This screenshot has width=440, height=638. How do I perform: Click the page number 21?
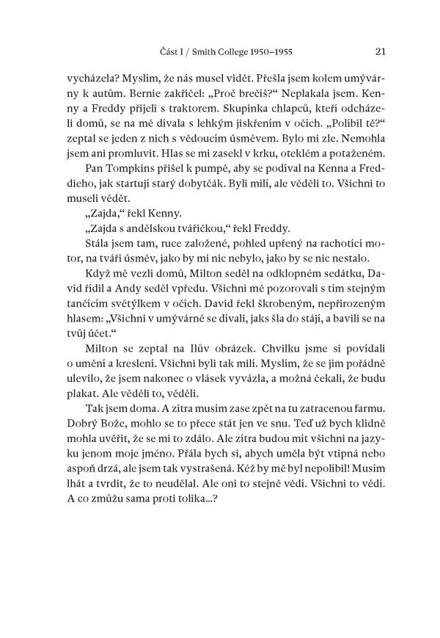click(380, 51)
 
